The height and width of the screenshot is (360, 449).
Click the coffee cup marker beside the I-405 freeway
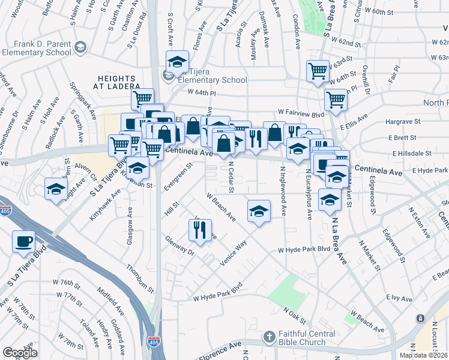pyautogui.click(x=24, y=241)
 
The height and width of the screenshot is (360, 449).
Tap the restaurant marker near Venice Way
pyautogui.click(x=200, y=230)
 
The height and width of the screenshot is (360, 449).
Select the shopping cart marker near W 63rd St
pyautogui.click(x=317, y=71)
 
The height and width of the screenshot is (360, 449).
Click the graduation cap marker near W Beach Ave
pyautogui.click(x=259, y=211)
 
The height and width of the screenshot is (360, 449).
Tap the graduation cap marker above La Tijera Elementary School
pyautogui.click(x=177, y=61)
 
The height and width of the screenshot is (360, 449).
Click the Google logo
pyautogui.click(x=20, y=352)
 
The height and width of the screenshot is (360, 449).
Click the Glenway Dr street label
pyautogui.click(x=180, y=247)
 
